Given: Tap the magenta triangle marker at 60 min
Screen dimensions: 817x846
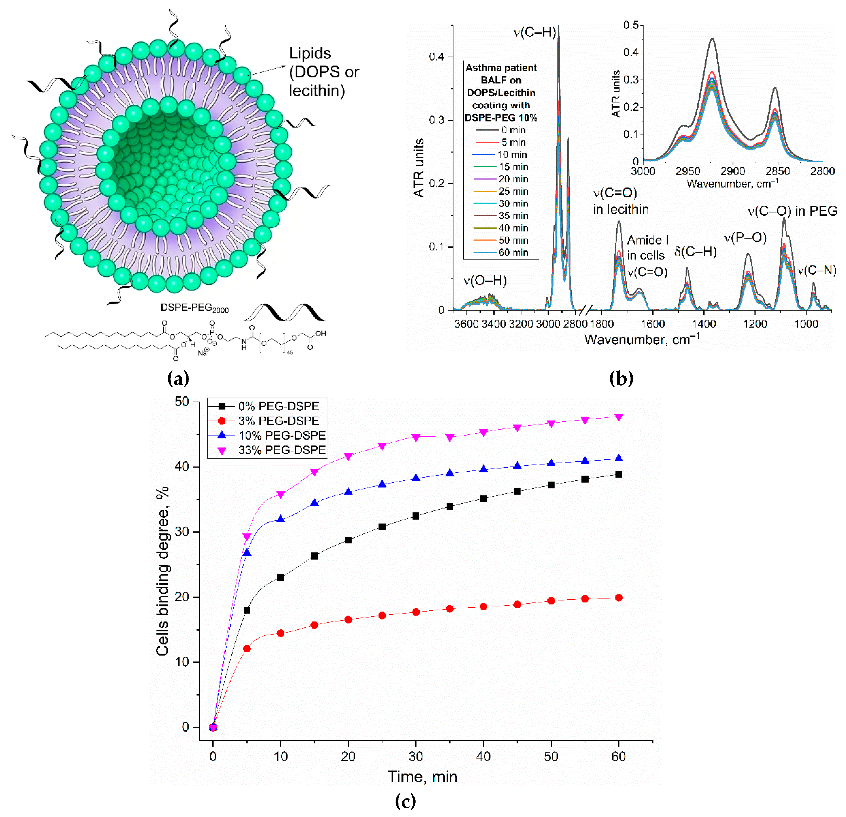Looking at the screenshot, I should coord(619,417).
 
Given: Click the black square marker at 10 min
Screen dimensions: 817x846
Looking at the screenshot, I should coord(281,577).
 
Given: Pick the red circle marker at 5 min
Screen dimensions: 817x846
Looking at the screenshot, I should coord(247,649).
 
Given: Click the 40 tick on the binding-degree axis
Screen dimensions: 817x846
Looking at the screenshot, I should coord(182,467).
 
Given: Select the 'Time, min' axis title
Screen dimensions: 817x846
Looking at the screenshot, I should coord(422,776).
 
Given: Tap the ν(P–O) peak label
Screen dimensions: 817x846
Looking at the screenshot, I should coord(745,237).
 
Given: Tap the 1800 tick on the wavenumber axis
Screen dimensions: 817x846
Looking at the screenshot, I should coord(601,324).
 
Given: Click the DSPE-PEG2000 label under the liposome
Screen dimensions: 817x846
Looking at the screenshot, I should coord(195,308).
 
